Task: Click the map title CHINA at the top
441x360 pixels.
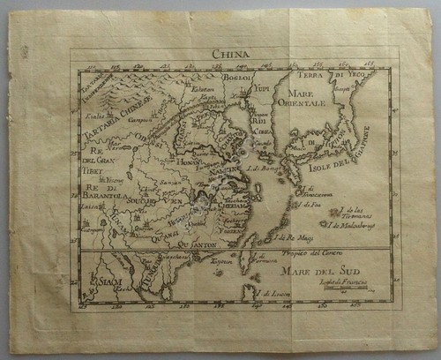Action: pyautogui.click(x=231, y=54)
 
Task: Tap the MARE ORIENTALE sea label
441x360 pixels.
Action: pyautogui.click(x=302, y=96)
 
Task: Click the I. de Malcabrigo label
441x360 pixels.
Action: pyautogui.click(x=355, y=224)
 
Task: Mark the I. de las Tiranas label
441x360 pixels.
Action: pyautogui.click(x=354, y=212)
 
